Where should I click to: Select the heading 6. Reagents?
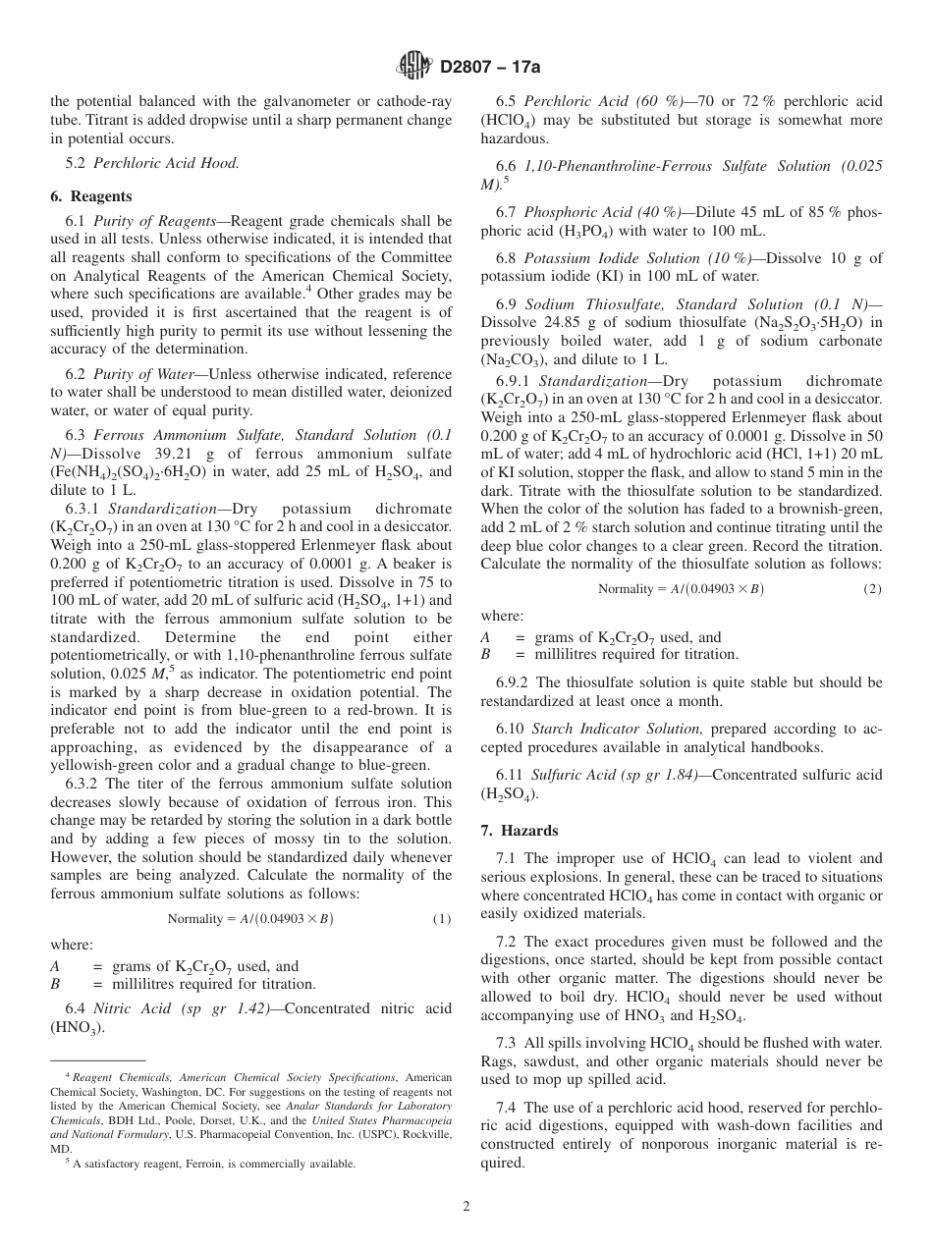click(x=91, y=196)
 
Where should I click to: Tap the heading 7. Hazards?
click(x=519, y=830)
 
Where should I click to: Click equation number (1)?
click(x=442, y=919)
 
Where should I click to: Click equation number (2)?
click(x=872, y=588)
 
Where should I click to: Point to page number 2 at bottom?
click(x=466, y=1206)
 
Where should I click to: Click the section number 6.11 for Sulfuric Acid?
click(x=515, y=775)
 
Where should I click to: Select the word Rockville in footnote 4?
click(x=425, y=1134)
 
